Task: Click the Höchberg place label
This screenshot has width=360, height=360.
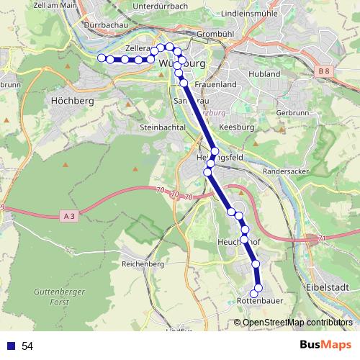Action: click(73, 102)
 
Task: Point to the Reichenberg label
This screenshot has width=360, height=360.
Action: click(143, 264)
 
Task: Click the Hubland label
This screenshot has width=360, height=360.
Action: click(264, 74)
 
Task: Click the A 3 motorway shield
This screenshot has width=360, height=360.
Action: click(69, 215)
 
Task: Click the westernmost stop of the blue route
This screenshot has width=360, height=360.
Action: click(102, 58)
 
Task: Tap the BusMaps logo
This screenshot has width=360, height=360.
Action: click(325, 346)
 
